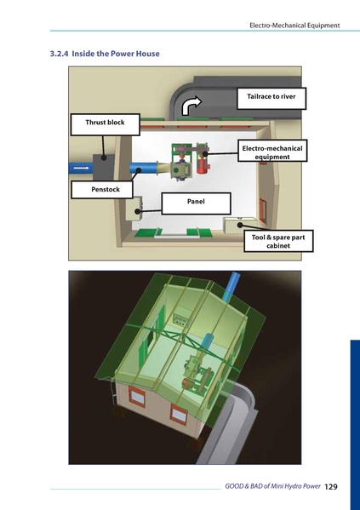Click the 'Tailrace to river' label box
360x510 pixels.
pos(271,98)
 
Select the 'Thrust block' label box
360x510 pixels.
pos(105,123)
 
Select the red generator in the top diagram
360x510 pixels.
pos(203,163)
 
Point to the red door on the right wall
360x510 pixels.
pos(262,206)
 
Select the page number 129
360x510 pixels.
pos(331,486)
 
